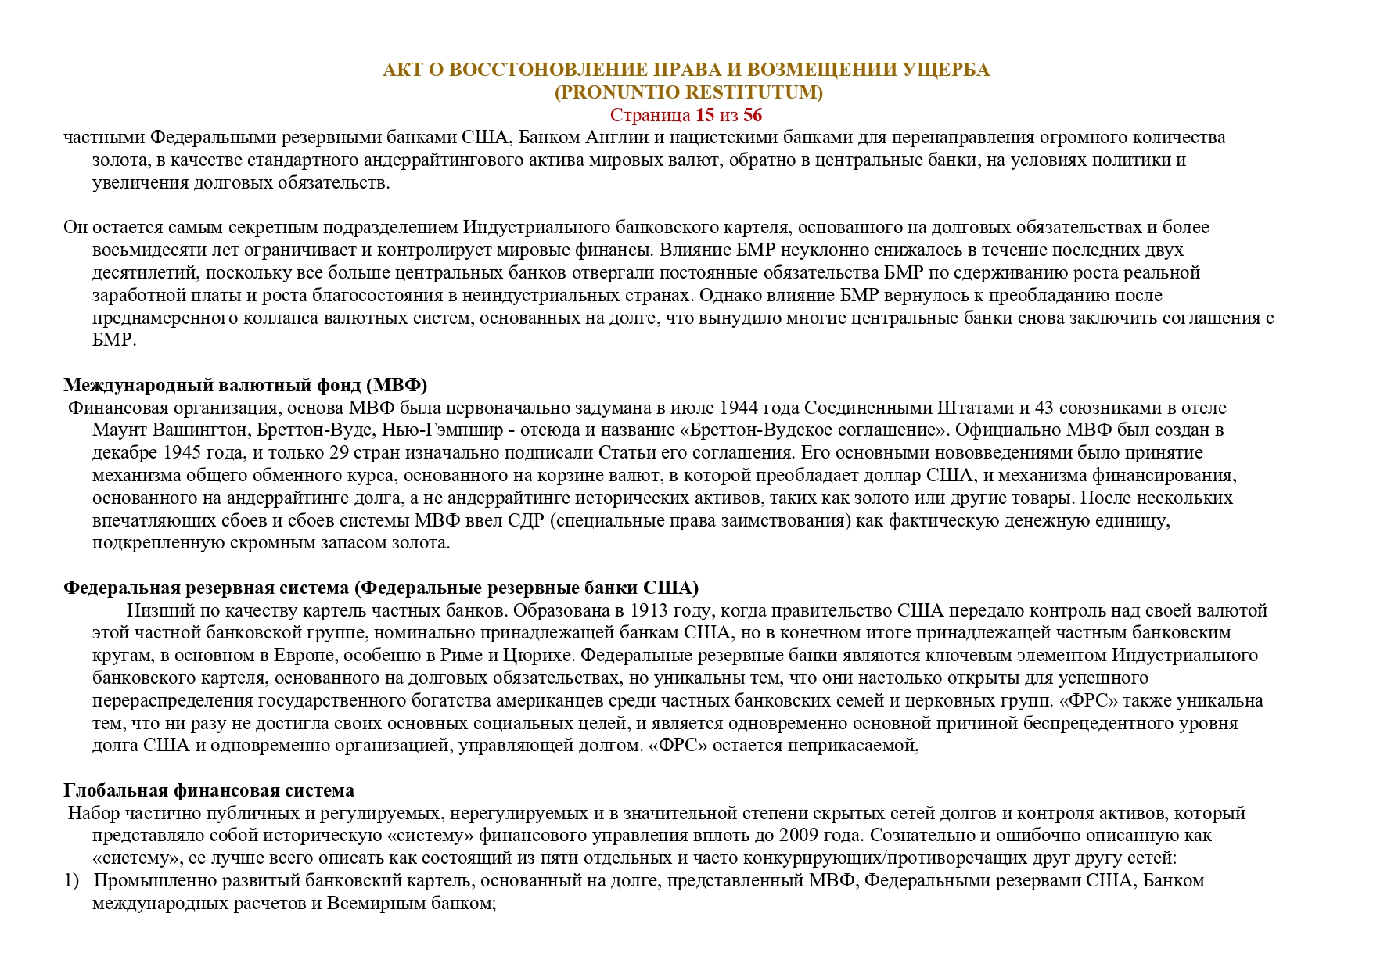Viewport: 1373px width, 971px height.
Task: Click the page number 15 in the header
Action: (705, 115)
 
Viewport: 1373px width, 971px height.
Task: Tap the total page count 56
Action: (753, 115)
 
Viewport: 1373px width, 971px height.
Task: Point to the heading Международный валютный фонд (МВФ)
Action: (245, 385)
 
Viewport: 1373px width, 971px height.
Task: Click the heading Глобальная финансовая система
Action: (209, 790)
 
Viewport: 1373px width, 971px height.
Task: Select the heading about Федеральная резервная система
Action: (381, 588)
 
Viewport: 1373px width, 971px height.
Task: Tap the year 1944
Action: (739, 408)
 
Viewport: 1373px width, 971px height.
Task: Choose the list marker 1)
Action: (72, 880)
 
